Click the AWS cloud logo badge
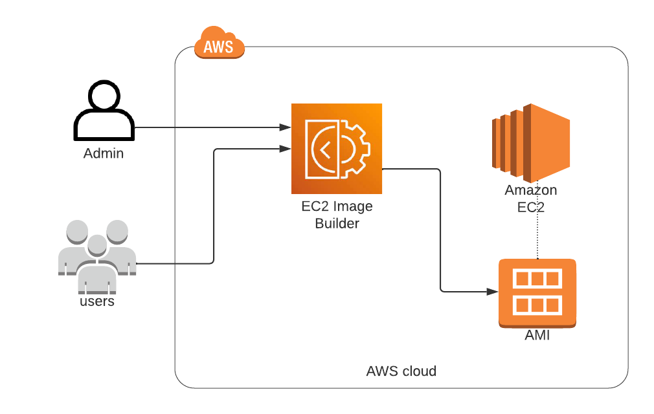click(219, 45)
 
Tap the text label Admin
click(104, 154)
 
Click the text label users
click(97, 301)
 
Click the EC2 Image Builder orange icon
click(336, 149)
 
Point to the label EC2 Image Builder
click(337, 215)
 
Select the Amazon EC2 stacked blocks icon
click(530, 142)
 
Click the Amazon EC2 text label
click(530, 199)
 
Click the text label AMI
click(537, 336)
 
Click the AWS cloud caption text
click(401, 371)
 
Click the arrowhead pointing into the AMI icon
click(493, 292)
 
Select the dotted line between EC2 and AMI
click(538, 236)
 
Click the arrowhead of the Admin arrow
click(286, 127)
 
